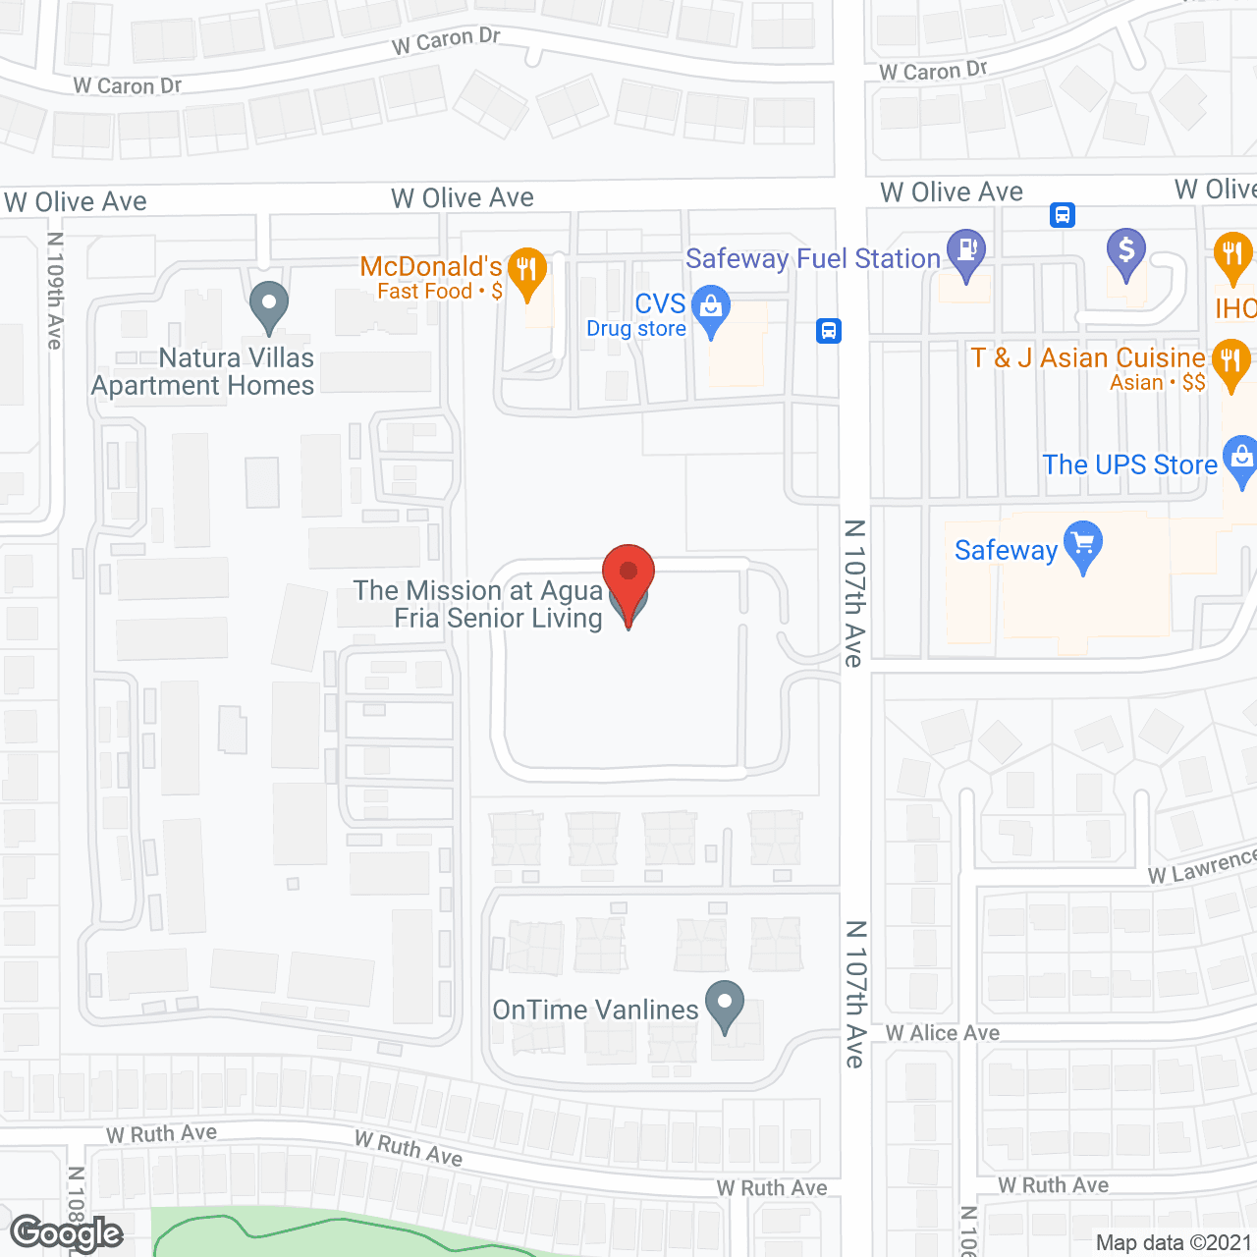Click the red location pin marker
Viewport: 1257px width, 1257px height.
click(628, 574)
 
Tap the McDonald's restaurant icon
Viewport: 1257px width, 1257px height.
click(528, 270)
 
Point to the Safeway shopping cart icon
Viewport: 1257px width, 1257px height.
click(1083, 543)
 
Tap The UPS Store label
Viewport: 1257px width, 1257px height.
click(1129, 465)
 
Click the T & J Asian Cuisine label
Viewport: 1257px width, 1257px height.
click(1088, 357)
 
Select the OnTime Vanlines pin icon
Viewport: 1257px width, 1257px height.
click(725, 1004)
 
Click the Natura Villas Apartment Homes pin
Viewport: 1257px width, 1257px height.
click(268, 303)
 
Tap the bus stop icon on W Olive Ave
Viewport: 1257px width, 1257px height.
click(1062, 214)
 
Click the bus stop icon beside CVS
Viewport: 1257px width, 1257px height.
click(829, 331)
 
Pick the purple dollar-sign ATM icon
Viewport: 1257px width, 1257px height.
click(1126, 250)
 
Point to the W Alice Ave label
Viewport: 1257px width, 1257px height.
click(942, 1033)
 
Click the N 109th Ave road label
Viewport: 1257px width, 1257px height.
click(55, 291)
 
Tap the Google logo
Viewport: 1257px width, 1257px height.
click(67, 1233)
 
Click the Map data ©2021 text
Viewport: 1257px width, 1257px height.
click(1174, 1243)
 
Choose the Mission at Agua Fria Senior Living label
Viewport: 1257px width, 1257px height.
click(478, 604)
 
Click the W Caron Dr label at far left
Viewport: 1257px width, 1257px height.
click(128, 86)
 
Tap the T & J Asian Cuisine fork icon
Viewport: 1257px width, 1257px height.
click(1230, 360)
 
